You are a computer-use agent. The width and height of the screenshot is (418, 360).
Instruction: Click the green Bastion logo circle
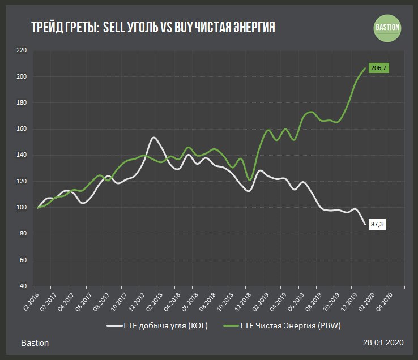pyautogui.click(x=387, y=27)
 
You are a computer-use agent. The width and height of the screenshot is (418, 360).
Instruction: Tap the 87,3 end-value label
pyautogui.click(x=377, y=225)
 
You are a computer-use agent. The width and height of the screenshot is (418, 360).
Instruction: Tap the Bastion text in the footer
pyautogui.click(x=35, y=344)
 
